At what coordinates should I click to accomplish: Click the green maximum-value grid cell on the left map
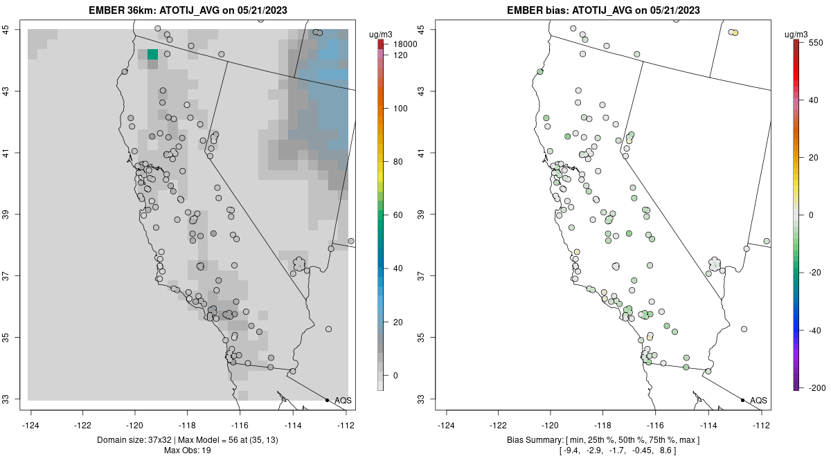[152, 55]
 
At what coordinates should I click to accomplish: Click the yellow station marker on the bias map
[735, 33]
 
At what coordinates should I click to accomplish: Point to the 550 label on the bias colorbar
[815, 42]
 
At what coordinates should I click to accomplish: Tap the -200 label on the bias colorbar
[814, 387]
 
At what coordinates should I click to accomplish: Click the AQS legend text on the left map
[343, 401]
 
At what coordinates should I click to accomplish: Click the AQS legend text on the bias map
[758, 401]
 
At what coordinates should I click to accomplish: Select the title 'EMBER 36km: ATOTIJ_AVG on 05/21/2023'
[188, 10]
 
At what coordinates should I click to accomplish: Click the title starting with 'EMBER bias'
[603, 10]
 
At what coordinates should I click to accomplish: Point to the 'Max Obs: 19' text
[188, 450]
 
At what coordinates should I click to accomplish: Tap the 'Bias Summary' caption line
[603, 440]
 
